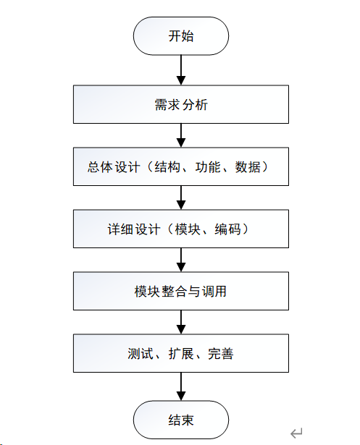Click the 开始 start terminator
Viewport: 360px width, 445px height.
click(x=180, y=35)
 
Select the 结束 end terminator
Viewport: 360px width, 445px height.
click(x=180, y=420)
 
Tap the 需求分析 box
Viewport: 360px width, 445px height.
click(x=181, y=104)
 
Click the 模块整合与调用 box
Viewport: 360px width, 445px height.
click(x=181, y=291)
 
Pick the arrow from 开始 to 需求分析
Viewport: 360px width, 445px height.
click(x=181, y=70)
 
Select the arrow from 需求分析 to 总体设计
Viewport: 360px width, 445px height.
click(x=181, y=135)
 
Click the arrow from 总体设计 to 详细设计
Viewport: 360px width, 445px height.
click(x=181, y=198)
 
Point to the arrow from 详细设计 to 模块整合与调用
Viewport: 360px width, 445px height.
click(x=181, y=260)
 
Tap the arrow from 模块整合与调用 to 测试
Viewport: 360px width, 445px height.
click(x=181, y=322)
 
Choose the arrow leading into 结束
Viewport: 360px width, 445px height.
click(x=181, y=386)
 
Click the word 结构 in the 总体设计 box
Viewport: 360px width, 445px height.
click(x=167, y=167)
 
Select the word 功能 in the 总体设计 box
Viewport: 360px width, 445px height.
click(x=208, y=167)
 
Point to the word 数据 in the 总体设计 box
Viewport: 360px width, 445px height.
click(x=248, y=167)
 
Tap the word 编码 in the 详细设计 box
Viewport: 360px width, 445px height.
click(x=227, y=229)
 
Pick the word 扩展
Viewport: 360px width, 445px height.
click(x=181, y=354)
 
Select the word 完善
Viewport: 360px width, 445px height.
click(x=221, y=354)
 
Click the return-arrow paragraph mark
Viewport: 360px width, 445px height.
click(x=296, y=433)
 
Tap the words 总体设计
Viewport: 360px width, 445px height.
click(x=114, y=167)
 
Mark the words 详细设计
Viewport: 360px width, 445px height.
click(x=134, y=229)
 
